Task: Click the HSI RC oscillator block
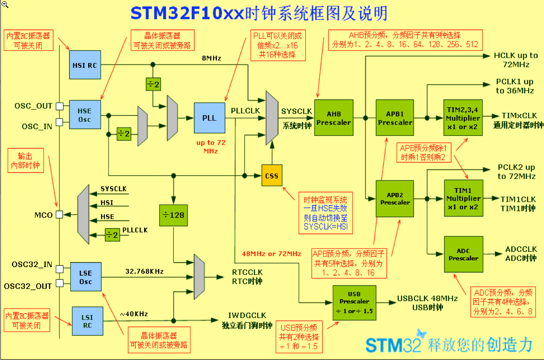(x=85, y=65)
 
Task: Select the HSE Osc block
(x=85, y=115)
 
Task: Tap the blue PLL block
(x=210, y=118)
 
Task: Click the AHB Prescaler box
(x=334, y=118)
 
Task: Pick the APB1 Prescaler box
(x=395, y=118)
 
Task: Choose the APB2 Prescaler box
(x=395, y=199)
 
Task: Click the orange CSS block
(x=272, y=176)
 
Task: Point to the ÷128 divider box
(x=173, y=215)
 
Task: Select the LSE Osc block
(x=86, y=276)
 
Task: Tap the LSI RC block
(x=87, y=321)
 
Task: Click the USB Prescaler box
(x=354, y=303)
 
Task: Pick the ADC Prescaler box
(x=463, y=254)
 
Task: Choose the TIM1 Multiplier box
(x=463, y=198)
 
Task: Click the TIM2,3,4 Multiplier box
(x=463, y=118)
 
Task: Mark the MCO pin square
(x=60, y=214)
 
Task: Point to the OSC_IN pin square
(x=60, y=122)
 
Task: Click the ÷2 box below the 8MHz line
(x=153, y=84)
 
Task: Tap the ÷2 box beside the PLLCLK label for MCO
(x=112, y=235)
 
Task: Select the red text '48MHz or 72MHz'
(x=271, y=254)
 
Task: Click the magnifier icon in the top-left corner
(x=5, y=4)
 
